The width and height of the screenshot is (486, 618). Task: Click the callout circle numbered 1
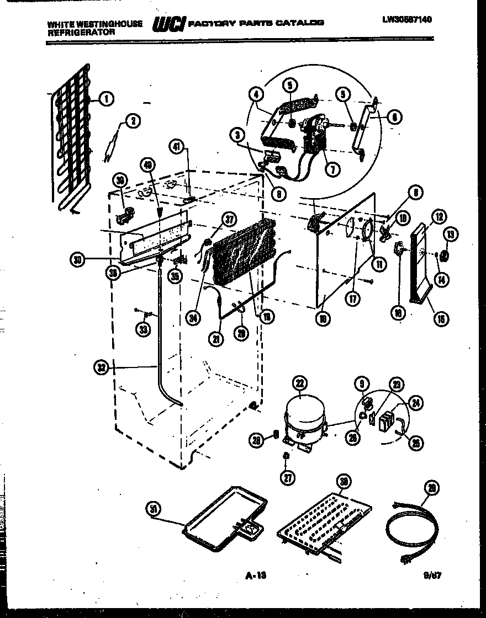[x=107, y=99]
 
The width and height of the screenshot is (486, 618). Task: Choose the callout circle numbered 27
[x=287, y=478]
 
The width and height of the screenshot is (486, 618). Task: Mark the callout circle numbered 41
[x=177, y=147]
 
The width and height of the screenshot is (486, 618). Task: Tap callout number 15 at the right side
[x=441, y=318]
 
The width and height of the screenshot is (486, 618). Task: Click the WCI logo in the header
[x=168, y=24]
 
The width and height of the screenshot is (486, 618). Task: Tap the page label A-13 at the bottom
[x=255, y=577]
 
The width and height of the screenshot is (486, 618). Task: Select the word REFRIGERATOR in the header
[x=81, y=32]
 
